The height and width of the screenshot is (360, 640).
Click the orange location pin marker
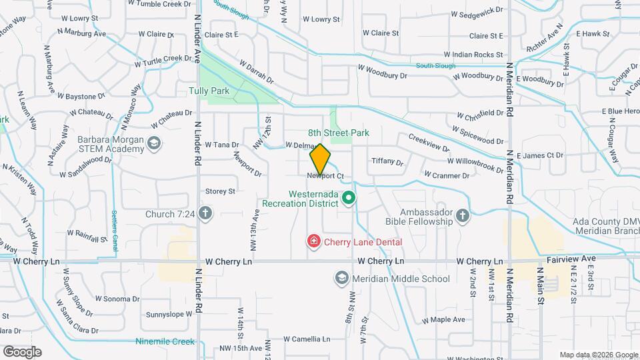(x=320, y=159)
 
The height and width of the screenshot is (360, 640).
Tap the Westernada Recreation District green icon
(x=347, y=198)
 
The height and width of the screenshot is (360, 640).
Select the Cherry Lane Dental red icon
(x=312, y=241)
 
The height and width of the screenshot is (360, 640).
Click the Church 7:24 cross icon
(x=206, y=214)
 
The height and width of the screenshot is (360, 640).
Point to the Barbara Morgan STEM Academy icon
(x=154, y=143)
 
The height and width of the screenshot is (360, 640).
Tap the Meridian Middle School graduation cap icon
(x=342, y=278)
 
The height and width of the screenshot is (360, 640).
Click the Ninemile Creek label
(x=165, y=342)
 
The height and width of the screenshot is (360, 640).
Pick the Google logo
(x=22, y=351)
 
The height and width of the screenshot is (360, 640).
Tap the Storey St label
(x=221, y=191)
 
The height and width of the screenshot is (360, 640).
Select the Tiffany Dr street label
(x=387, y=162)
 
